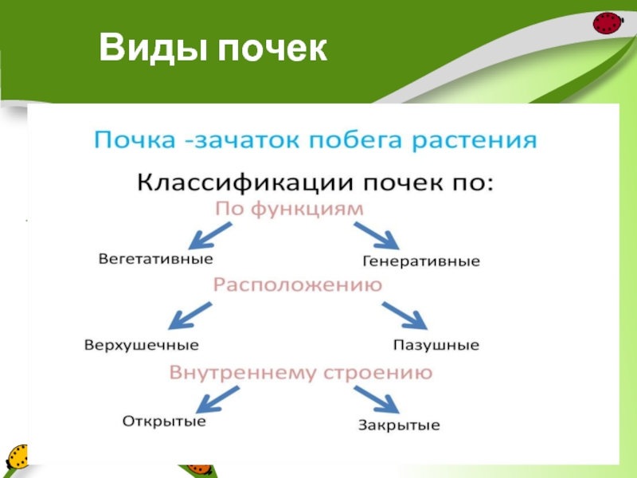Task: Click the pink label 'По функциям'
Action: click(x=290, y=209)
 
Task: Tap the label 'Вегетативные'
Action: click(x=156, y=259)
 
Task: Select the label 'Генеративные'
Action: click(x=421, y=261)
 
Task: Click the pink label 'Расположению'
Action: click(x=297, y=284)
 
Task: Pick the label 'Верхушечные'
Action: click(x=141, y=346)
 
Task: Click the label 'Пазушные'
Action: click(x=436, y=346)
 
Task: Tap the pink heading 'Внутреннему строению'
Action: click(x=302, y=372)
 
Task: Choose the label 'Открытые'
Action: click(x=164, y=421)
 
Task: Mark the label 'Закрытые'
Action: click(x=399, y=425)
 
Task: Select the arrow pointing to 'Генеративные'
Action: click(x=375, y=235)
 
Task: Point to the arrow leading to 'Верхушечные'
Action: click(x=191, y=315)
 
